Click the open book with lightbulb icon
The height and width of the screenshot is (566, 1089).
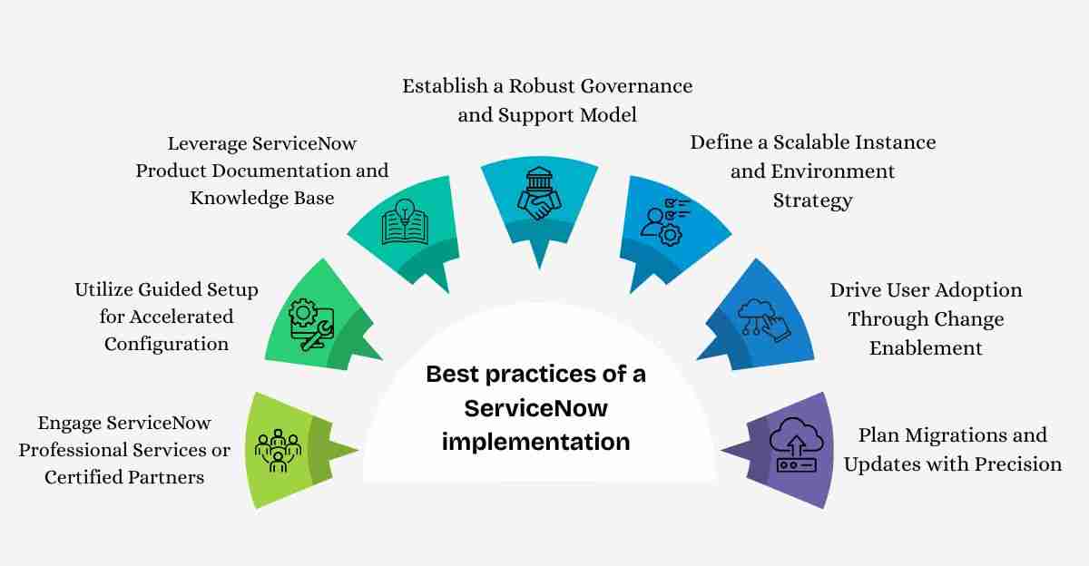click(x=405, y=221)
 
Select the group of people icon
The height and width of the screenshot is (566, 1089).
click(x=278, y=451)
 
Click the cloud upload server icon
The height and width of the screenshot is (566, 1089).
click(x=797, y=444)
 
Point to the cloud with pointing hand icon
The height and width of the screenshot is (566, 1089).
click(x=764, y=320)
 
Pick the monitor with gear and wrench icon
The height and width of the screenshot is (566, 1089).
click(x=311, y=324)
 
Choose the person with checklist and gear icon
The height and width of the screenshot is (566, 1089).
click(x=665, y=222)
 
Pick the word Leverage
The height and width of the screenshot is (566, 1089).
click(x=207, y=144)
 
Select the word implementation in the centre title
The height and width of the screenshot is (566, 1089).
click(x=535, y=442)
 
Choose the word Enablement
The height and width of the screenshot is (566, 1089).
click(x=926, y=348)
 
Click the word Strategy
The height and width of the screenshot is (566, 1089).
click(x=813, y=201)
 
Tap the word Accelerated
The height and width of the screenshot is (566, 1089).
click(x=181, y=317)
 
